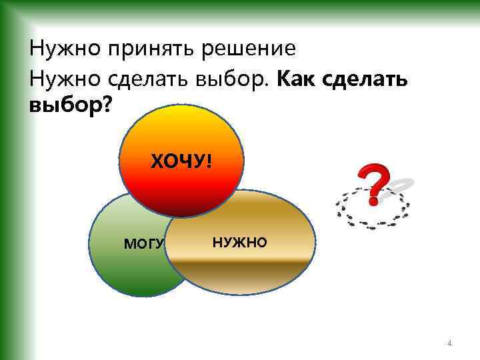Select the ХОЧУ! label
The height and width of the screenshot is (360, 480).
(x=181, y=161)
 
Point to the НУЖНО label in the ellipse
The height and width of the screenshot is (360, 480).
(x=239, y=242)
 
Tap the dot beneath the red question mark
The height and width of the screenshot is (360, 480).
(x=374, y=200)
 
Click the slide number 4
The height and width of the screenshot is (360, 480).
(x=450, y=344)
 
